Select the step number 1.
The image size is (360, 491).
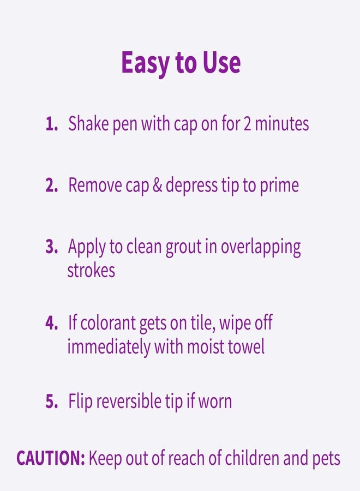point(51,124)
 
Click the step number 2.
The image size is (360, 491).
point(51,185)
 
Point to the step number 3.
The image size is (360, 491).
point(51,247)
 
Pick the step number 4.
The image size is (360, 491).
point(51,324)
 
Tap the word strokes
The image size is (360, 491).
point(91,271)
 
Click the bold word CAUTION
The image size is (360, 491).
point(50,458)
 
